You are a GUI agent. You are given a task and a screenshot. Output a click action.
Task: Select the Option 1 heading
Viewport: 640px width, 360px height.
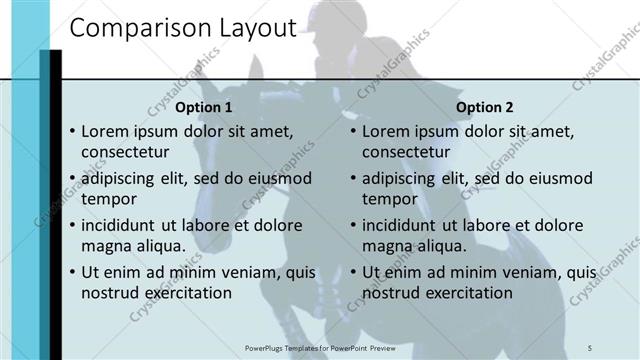(x=204, y=107)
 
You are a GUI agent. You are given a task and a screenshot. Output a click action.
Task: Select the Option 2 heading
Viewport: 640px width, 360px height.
(x=484, y=107)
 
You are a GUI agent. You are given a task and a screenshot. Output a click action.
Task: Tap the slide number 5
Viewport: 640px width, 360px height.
(x=590, y=347)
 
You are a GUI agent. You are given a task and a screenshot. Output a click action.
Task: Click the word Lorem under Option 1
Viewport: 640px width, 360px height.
(x=104, y=131)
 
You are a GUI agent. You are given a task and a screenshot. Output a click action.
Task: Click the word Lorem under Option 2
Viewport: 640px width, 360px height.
(x=385, y=131)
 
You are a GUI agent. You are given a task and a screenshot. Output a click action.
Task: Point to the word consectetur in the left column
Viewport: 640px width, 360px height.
(x=125, y=153)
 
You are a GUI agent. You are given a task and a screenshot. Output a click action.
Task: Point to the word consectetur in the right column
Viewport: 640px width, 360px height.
(x=406, y=153)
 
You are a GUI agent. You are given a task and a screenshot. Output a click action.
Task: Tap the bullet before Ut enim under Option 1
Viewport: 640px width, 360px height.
(x=72, y=272)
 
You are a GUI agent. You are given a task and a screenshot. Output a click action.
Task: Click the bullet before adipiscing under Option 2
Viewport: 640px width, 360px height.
(x=353, y=179)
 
